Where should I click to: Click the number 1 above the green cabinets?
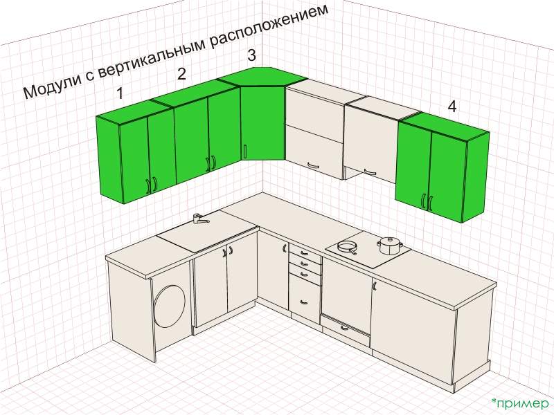120,93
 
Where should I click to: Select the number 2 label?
181,74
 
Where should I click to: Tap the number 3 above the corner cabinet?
251,55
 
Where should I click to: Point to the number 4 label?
452,106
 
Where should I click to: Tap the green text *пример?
520,403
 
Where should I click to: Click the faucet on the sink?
199,219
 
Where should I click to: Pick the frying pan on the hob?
347,247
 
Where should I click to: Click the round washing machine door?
169,306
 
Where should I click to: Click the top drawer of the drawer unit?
305,252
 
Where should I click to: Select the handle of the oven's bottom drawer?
344,329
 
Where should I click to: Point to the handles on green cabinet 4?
427,201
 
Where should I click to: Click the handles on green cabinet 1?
151,185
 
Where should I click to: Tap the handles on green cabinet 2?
211,164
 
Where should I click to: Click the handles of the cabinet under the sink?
228,250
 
